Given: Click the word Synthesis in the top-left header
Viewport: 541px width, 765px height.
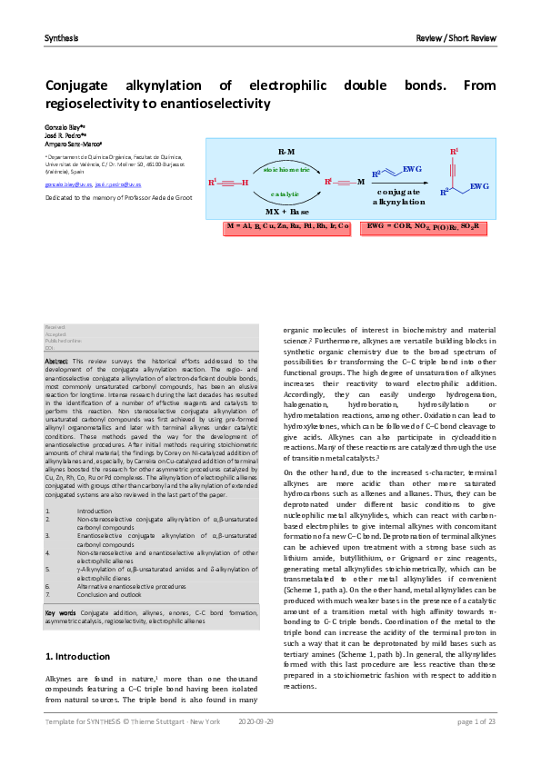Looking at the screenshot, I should (x=61, y=38).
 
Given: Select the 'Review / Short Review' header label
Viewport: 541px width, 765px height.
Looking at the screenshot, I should (x=456, y=38).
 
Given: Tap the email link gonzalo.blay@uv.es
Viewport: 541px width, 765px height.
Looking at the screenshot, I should (x=68, y=184).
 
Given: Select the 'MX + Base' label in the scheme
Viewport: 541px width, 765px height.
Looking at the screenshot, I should (x=286, y=212).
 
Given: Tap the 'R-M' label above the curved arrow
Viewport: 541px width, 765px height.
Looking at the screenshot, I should (x=286, y=151).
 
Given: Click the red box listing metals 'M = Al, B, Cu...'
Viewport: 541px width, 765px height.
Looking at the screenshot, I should (x=287, y=224).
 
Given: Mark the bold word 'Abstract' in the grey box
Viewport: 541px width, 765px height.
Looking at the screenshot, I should (x=56, y=362).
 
